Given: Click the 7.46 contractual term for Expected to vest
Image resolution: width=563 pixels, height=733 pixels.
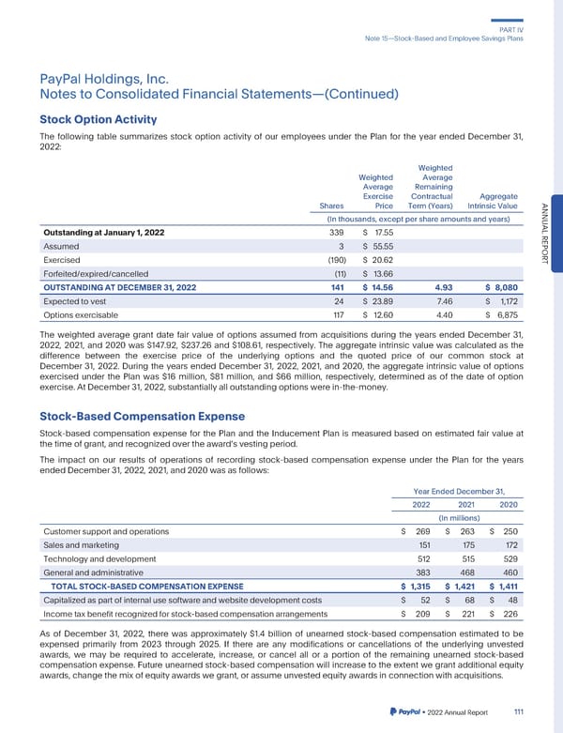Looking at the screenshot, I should (434, 300).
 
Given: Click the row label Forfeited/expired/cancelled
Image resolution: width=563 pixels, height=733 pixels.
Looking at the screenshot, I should (96, 273).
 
